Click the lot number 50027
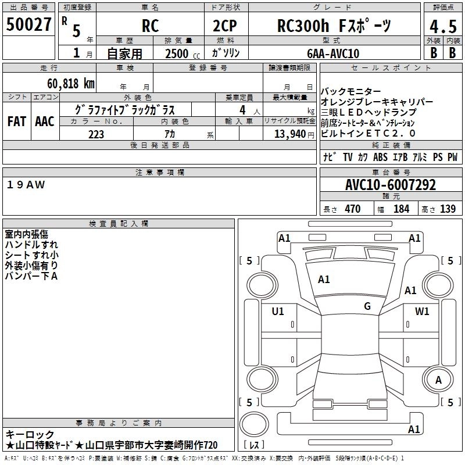coord(28,24)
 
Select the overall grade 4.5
coord(443,26)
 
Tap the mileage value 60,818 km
coord(71,84)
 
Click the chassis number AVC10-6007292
coord(391,185)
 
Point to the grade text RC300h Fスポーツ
coord(334,26)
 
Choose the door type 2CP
coord(225,26)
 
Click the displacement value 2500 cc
coord(183,53)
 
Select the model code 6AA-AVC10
coord(333,53)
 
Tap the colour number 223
coord(96,134)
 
